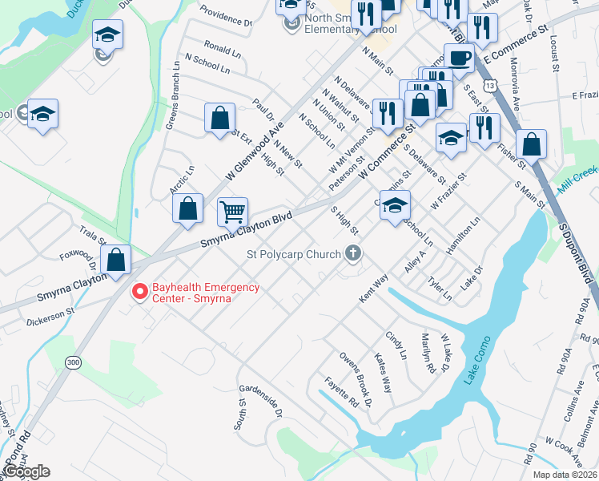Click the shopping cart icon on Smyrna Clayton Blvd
(x=233, y=212)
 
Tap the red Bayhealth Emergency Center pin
(x=140, y=293)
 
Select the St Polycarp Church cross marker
(x=352, y=255)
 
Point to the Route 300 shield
(x=73, y=363)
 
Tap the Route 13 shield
(x=489, y=84)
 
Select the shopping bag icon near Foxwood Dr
(x=116, y=261)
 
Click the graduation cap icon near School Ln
(x=394, y=206)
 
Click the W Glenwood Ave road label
(x=255, y=152)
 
